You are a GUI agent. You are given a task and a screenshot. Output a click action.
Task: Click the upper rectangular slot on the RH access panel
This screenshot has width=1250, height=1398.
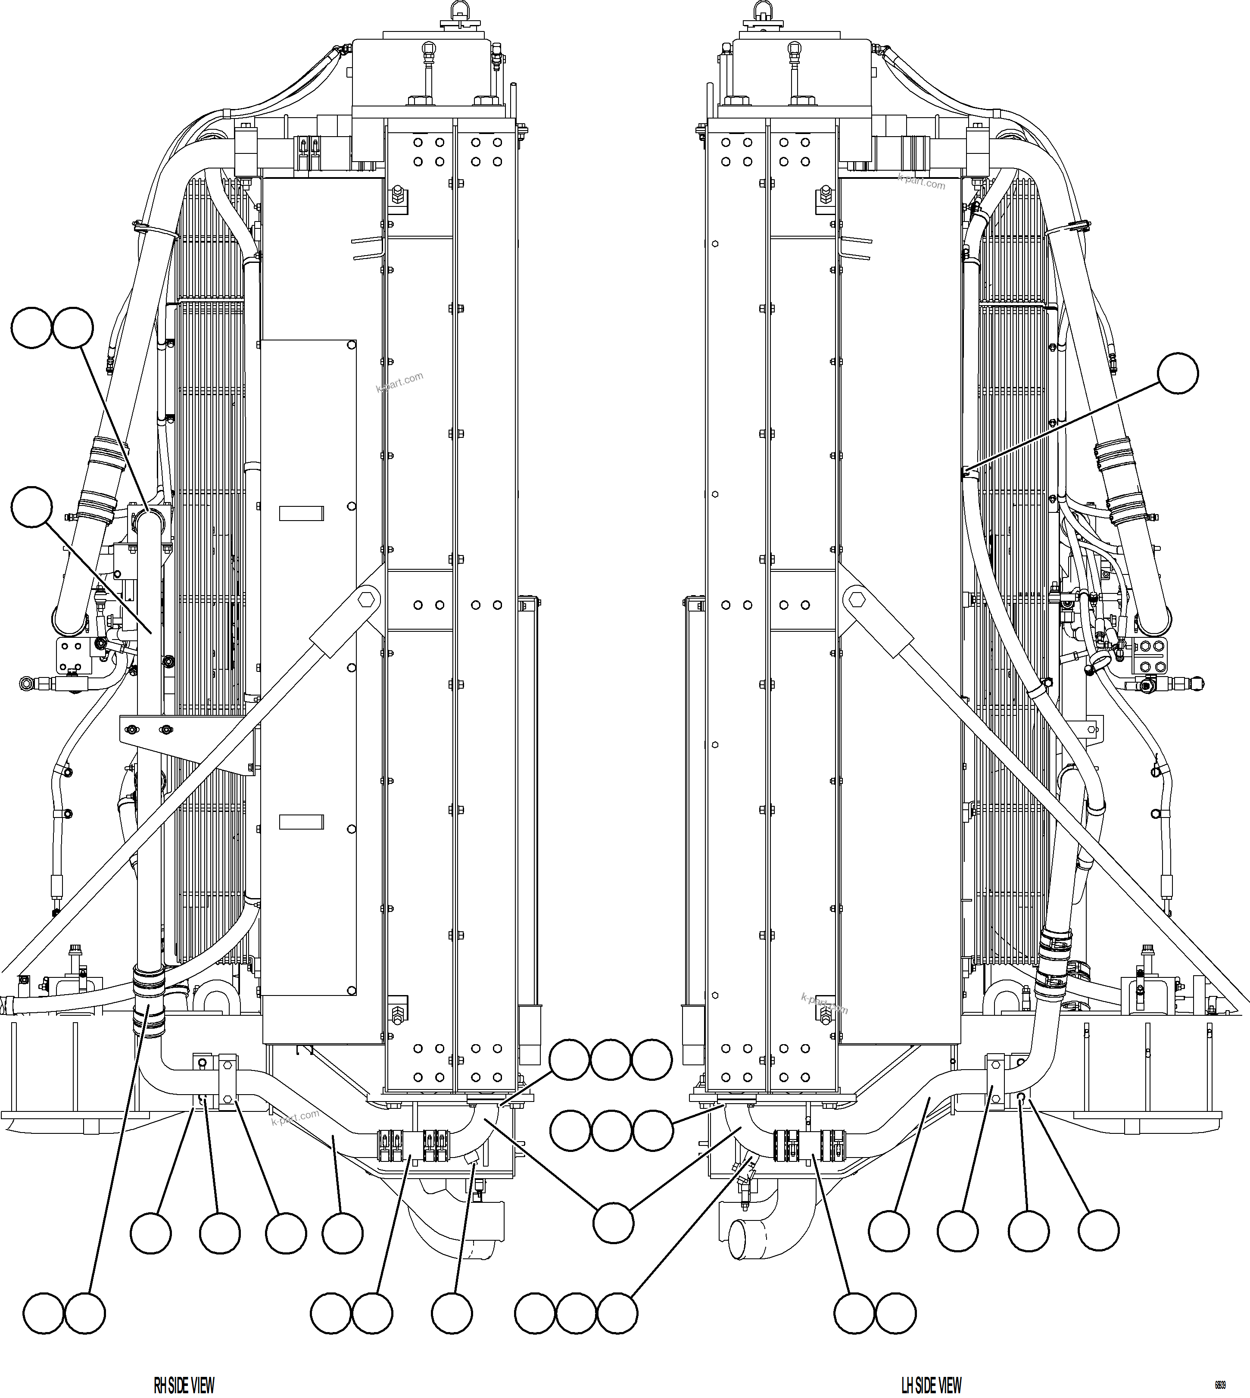(x=301, y=513)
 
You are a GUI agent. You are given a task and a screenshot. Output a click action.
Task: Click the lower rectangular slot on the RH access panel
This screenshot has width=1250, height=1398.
(x=301, y=821)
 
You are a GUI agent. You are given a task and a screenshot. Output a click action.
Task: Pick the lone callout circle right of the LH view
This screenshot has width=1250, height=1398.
(x=1178, y=374)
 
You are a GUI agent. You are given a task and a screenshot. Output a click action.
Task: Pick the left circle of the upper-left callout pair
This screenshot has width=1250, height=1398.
(x=31, y=327)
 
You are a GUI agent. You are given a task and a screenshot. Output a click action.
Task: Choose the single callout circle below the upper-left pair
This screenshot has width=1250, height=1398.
(x=31, y=507)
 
